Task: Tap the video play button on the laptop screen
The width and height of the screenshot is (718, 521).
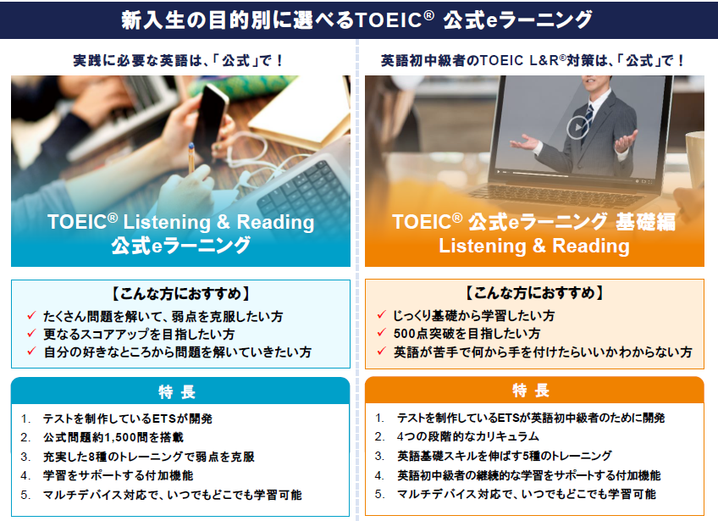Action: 576,127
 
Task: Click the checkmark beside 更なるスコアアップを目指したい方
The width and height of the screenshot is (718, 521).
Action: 30,334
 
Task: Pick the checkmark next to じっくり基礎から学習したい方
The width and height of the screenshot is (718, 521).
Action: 382,315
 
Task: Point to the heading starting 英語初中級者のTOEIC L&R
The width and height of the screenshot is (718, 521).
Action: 533,61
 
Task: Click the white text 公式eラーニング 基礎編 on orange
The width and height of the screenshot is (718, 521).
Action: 533,222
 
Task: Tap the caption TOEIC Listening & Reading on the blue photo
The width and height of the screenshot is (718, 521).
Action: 180,222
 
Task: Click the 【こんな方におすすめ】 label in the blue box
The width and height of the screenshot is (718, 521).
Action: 179,293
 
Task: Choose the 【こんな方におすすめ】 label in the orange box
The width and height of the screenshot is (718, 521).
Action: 535,293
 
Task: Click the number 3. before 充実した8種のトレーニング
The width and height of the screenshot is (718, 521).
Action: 26,457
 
